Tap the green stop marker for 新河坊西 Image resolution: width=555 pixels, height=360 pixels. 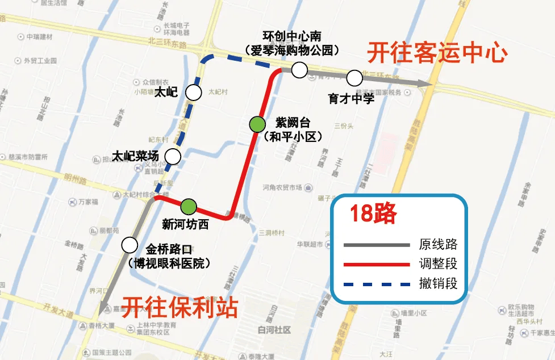(189, 206)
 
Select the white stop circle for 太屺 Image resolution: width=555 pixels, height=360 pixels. (195, 93)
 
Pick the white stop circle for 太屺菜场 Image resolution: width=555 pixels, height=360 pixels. (173, 156)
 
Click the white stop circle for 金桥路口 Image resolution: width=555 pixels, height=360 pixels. (130, 245)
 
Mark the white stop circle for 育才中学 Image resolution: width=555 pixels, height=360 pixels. (354, 77)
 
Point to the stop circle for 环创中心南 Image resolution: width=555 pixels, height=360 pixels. (299, 70)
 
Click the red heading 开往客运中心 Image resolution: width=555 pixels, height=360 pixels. (436, 53)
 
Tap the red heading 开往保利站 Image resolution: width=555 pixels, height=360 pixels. (180, 308)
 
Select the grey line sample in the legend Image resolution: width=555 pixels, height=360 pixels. (377, 245)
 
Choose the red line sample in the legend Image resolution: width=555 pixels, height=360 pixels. (377, 264)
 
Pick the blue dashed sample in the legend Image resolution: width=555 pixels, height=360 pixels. (377, 283)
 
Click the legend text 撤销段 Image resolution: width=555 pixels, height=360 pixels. (438, 283)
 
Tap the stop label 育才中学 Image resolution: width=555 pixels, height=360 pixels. (352, 99)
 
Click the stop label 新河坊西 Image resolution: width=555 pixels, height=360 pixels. (185, 224)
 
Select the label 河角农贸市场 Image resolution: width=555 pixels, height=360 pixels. (282, 187)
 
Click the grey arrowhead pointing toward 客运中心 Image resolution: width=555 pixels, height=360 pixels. (425, 83)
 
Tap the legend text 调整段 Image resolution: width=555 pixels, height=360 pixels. (438, 264)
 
